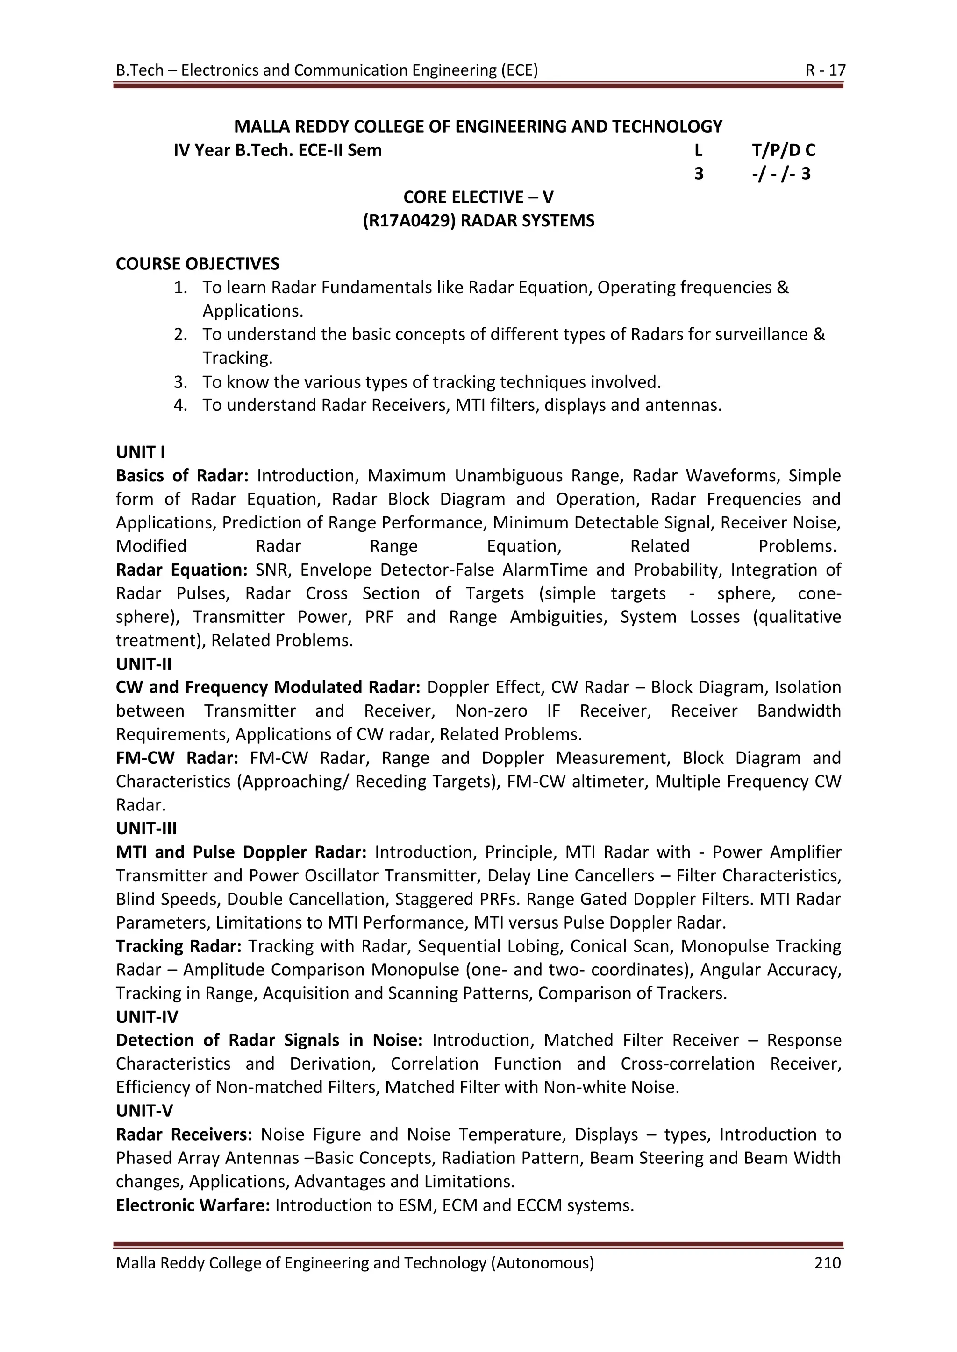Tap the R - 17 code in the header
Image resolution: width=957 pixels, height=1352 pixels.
tap(825, 70)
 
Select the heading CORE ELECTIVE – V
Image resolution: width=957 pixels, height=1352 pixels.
tap(478, 197)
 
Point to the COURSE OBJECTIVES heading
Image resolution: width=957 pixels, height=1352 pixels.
tap(197, 263)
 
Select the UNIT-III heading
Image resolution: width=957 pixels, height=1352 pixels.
tap(146, 828)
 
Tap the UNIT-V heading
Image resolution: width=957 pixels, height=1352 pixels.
tap(144, 1110)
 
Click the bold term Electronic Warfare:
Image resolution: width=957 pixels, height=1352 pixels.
tap(193, 1205)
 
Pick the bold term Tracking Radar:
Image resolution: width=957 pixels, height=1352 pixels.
tap(179, 946)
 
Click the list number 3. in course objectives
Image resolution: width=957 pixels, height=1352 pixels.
tap(180, 382)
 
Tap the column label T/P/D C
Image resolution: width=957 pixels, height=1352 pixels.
tap(783, 150)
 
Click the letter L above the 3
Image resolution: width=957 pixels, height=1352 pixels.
tap(698, 150)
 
